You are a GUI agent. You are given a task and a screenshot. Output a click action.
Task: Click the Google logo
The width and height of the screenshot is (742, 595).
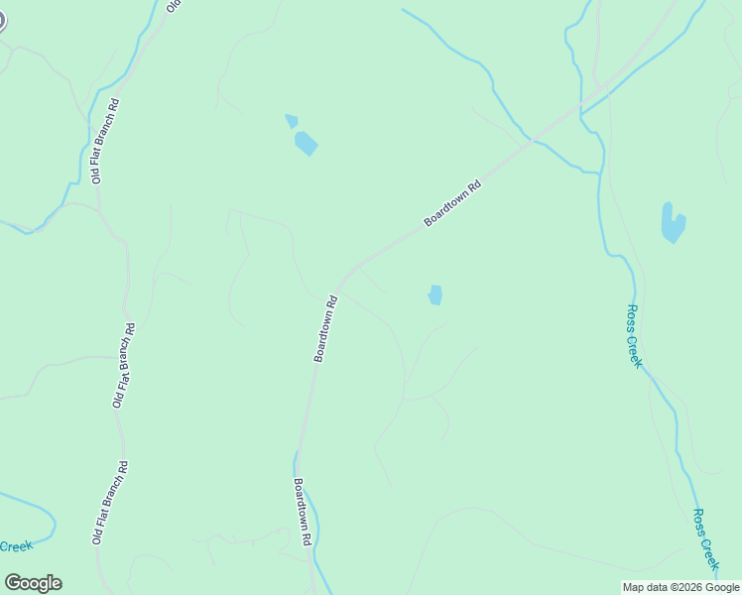tap(34, 583)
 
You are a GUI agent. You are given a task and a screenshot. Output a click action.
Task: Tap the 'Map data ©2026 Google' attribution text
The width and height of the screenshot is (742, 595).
tap(680, 587)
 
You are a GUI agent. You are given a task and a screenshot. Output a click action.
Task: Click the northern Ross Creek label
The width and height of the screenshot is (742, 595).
tap(635, 336)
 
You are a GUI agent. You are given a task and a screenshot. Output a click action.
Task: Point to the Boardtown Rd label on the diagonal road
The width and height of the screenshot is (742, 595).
tap(452, 203)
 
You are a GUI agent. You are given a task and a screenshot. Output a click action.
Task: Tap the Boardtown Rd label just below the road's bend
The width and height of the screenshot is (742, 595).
tap(326, 328)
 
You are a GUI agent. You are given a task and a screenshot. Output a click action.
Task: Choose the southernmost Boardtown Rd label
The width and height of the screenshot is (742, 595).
tap(303, 512)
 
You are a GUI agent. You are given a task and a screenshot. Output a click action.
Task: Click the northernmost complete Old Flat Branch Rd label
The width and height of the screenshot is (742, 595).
tap(105, 141)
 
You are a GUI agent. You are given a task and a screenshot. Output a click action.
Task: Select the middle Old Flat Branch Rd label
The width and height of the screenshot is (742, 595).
tap(124, 365)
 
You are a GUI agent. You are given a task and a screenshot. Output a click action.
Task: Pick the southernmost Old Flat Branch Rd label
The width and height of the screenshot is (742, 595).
tap(109, 502)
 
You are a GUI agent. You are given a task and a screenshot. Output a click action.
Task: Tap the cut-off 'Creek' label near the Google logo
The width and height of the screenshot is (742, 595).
tap(16, 546)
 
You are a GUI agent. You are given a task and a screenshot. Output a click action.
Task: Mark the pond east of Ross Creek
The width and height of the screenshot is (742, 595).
tap(673, 223)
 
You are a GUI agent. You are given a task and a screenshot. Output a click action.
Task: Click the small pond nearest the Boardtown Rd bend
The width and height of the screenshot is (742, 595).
tap(434, 295)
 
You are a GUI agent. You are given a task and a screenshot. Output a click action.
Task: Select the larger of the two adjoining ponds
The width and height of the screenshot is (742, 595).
tap(306, 143)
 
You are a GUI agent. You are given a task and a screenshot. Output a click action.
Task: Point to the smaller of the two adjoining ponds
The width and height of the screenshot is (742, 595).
tap(291, 121)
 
